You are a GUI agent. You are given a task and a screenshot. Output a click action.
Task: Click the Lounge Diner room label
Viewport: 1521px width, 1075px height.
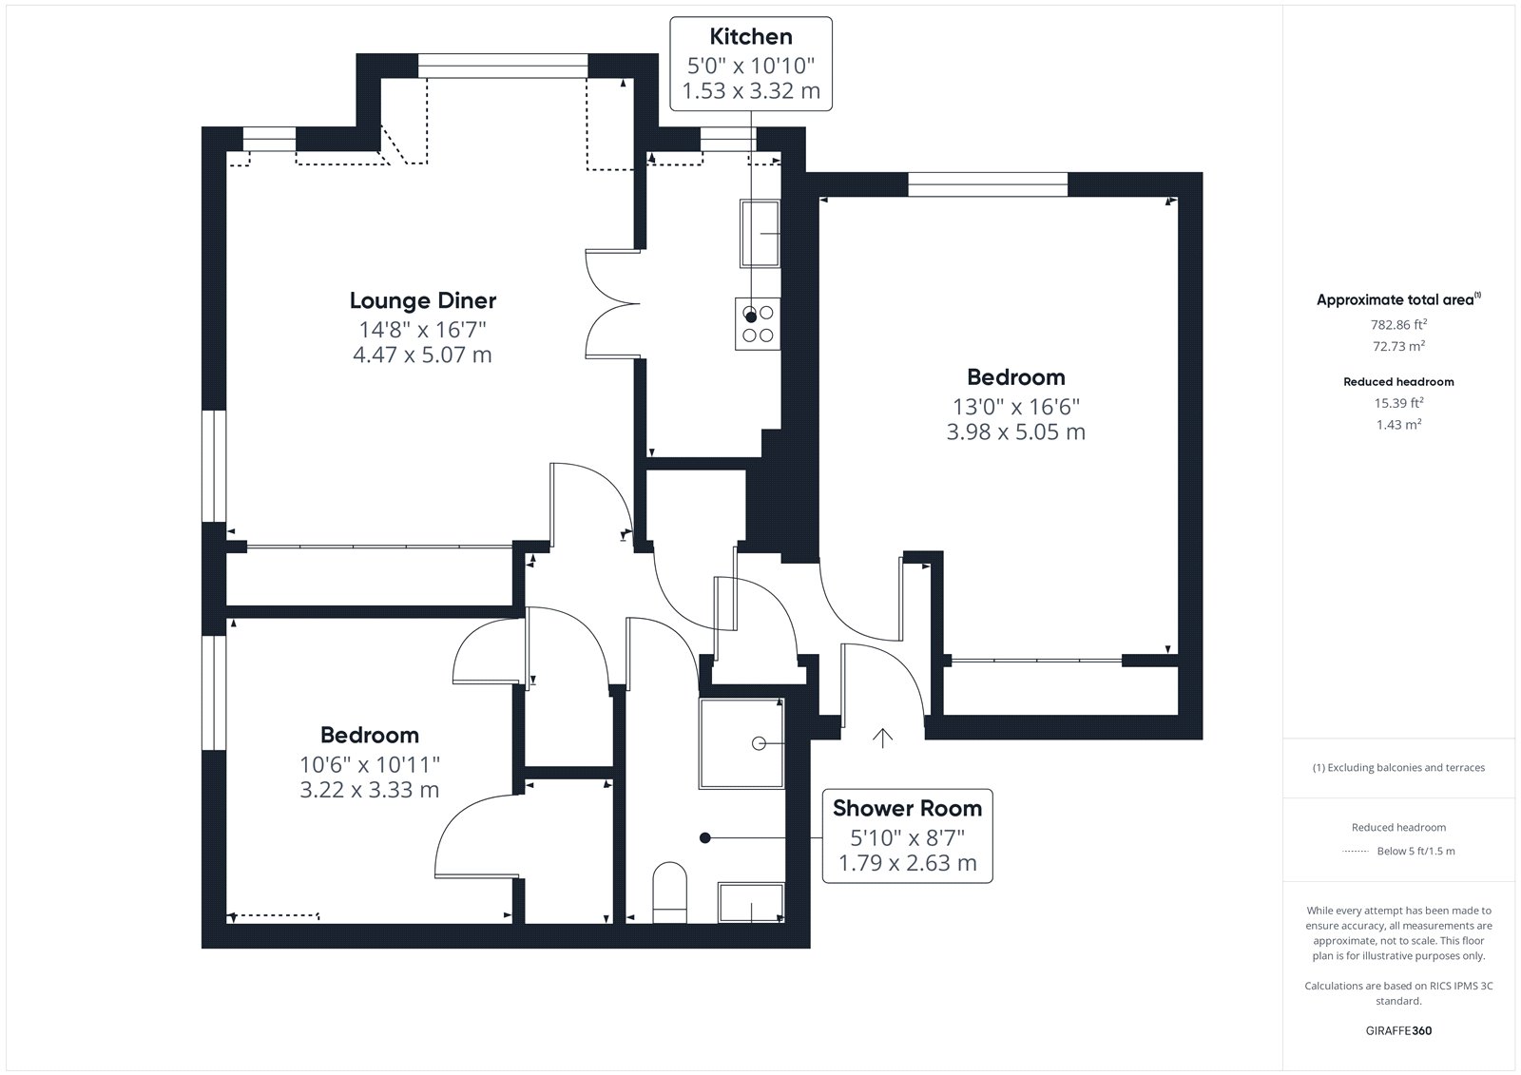coord(422,301)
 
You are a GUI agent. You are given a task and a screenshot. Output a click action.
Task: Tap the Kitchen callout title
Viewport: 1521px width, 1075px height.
coord(751,37)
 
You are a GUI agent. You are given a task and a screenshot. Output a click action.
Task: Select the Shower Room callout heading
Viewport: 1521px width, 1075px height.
coord(907,808)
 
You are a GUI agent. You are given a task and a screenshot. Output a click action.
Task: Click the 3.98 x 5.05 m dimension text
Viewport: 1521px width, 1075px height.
coord(1016,432)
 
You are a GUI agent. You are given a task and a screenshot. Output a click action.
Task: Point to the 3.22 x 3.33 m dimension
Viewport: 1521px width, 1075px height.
coord(370,790)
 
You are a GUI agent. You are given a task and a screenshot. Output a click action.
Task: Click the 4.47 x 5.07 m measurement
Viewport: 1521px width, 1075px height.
coord(422,355)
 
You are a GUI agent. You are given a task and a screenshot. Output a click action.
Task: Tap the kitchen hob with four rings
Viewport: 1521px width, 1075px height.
coord(757,324)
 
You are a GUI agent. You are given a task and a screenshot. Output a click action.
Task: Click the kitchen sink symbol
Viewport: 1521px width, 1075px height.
coord(760,234)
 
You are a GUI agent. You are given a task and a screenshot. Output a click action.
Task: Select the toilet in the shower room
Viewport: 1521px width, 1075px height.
coord(669,893)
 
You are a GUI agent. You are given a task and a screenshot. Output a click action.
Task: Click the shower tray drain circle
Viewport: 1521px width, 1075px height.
coord(760,743)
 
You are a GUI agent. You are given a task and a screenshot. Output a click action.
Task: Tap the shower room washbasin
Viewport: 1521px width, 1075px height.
coord(751,903)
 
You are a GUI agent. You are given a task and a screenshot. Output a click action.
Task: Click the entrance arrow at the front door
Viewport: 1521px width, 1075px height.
coord(882,739)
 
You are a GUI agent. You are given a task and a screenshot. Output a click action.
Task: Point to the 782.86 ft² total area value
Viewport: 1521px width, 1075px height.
coord(1398,325)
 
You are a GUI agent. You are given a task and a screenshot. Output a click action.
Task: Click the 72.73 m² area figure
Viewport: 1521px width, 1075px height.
coord(1398,346)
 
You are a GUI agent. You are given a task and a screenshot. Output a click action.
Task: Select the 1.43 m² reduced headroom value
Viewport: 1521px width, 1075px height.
coord(1398,425)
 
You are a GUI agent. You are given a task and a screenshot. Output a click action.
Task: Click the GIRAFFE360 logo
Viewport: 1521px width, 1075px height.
coord(1398,1030)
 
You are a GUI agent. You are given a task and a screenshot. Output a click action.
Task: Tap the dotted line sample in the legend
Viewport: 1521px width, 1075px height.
coord(1355,852)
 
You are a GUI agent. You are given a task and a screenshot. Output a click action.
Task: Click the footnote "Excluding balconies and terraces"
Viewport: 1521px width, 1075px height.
coord(1406,767)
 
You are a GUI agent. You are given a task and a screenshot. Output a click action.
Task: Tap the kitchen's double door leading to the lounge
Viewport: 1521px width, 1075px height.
coord(612,303)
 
